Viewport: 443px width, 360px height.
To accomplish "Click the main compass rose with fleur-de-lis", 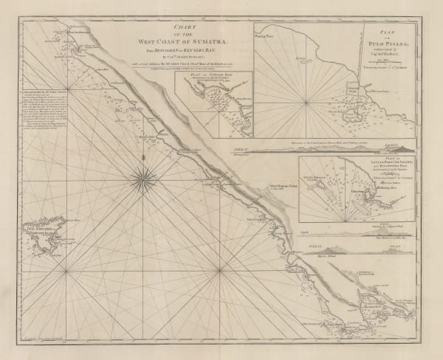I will (x=140, y=176).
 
